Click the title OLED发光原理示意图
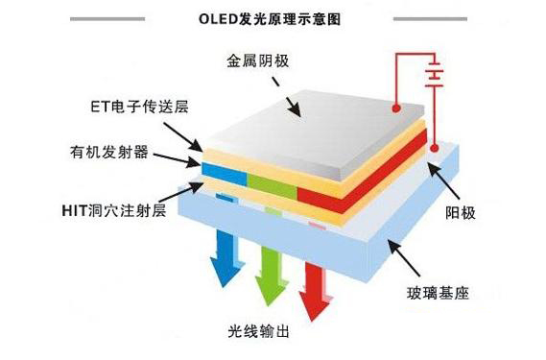(x=273, y=17)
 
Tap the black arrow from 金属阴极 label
(x=288, y=96)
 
